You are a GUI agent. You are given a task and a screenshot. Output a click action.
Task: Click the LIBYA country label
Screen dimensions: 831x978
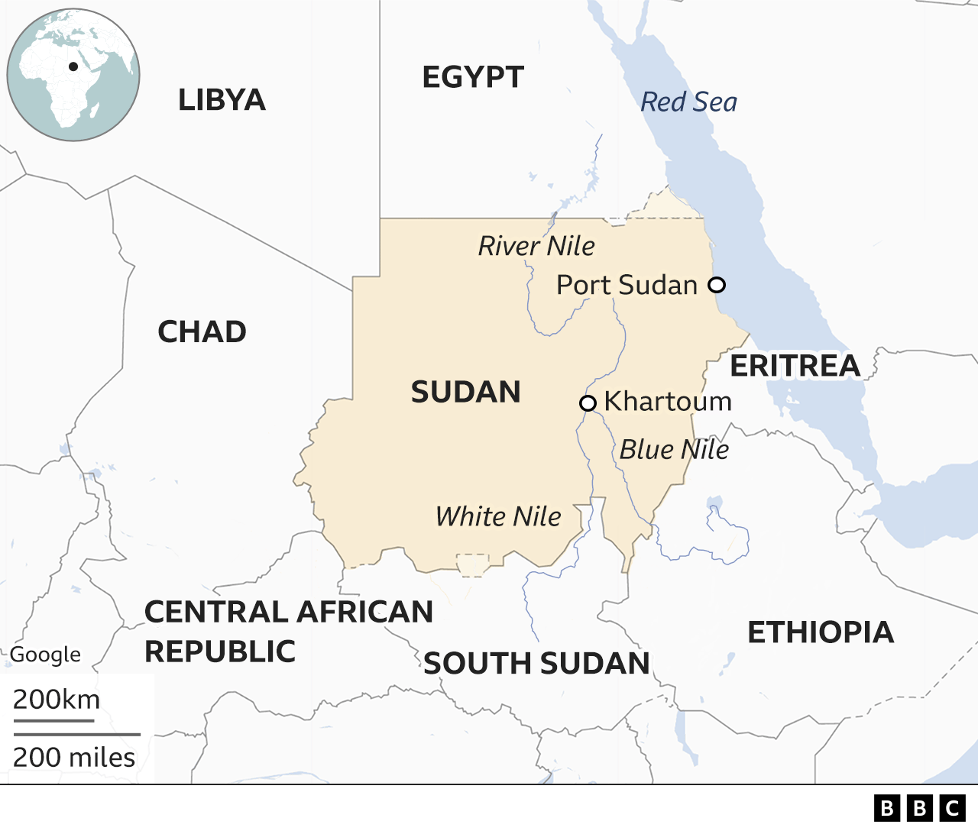pyautogui.click(x=222, y=100)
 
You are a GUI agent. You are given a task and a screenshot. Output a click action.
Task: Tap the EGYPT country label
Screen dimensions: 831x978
pyautogui.click(x=473, y=77)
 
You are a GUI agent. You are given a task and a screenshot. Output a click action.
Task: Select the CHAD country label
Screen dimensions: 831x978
pyautogui.click(x=202, y=331)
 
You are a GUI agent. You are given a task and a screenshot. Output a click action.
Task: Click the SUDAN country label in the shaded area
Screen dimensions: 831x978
pyautogui.click(x=465, y=392)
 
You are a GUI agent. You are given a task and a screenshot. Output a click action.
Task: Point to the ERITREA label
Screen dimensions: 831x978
pyautogui.click(x=795, y=366)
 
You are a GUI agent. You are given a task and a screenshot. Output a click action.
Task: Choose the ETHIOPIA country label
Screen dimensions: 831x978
pyautogui.click(x=821, y=632)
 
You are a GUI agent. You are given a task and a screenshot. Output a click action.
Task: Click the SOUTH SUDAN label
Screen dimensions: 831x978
pyautogui.click(x=536, y=664)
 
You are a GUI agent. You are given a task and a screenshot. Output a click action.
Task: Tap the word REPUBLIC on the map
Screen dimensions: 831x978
pyautogui.click(x=220, y=652)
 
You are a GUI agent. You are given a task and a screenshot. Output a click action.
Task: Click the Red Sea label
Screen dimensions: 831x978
pyautogui.click(x=688, y=102)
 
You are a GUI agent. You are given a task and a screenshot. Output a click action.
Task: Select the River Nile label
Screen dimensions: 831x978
pyautogui.click(x=536, y=246)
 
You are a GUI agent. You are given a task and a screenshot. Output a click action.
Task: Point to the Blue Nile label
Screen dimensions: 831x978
pyautogui.click(x=673, y=449)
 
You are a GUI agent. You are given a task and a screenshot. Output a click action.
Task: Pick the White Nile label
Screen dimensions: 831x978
pyautogui.click(x=498, y=516)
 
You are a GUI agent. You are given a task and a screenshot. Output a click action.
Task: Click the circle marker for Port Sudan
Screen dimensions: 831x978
pyautogui.click(x=716, y=285)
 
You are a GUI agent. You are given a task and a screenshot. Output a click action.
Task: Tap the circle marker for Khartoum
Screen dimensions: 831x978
pyautogui.click(x=588, y=403)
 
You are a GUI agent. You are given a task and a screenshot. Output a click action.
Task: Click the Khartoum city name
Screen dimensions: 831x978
pyautogui.click(x=668, y=402)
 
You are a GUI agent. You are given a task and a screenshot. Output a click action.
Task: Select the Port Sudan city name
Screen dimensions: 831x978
pyautogui.click(x=627, y=285)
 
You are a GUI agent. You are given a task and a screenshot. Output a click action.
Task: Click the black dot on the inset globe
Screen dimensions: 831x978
pyautogui.click(x=73, y=66)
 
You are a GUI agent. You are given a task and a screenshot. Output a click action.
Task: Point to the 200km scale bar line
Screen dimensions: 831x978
pyautogui.click(x=53, y=719)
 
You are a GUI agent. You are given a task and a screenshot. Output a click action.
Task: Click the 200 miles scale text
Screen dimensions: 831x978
pyautogui.click(x=74, y=757)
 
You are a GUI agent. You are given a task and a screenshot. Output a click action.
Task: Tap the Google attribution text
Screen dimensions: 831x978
pyautogui.click(x=45, y=655)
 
